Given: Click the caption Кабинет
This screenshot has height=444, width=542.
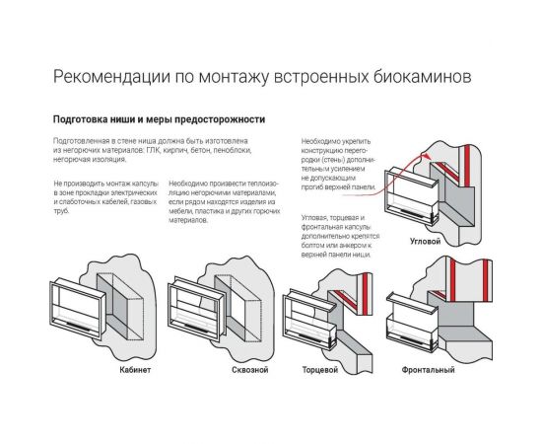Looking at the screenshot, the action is click(x=135, y=370).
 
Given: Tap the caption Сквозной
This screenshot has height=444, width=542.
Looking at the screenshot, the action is click(x=250, y=370).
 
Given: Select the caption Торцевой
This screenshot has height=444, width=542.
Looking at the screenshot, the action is click(x=320, y=370).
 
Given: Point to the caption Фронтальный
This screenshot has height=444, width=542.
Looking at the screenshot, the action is click(x=428, y=370).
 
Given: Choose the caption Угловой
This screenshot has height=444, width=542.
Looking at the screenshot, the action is click(x=425, y=241).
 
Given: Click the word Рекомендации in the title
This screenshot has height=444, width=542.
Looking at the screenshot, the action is click(x=111, y=77).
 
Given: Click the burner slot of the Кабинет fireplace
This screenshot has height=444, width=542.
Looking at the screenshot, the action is click(x=78, y=326).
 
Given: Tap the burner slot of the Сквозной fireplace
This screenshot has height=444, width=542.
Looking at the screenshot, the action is click(x=196, y=327).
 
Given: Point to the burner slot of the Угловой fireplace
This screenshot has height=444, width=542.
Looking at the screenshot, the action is click(x=412, y=211).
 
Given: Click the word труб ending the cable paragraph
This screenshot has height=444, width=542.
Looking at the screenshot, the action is click(x=62, y=211).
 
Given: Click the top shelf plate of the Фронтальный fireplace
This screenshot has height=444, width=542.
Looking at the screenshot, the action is click(x=412, y=299).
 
